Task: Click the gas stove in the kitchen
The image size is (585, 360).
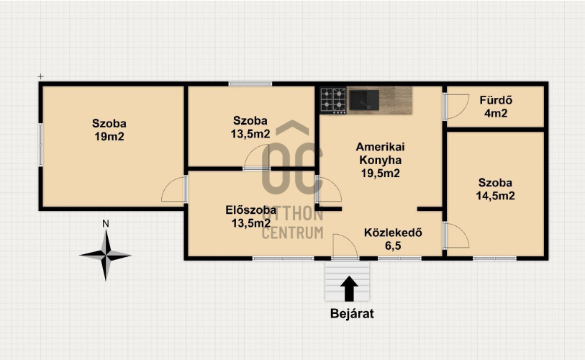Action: click(x=333, y=101)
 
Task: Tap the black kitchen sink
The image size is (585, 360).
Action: click(x=364, y=100)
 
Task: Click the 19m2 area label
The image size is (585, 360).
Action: click(x=109, y=137)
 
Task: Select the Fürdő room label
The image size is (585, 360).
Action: click(x=496, y=100)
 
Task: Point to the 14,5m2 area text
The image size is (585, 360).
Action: click(x=496, y=196)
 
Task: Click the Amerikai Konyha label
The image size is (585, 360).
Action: click(x=380, y=153)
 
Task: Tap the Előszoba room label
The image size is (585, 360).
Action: click(x=250, y=210)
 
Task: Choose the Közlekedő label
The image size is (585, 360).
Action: click(x=393, y=233)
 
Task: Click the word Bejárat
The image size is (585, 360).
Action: click(x=352, y=314)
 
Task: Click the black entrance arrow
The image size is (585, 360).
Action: click(x=349, y=289)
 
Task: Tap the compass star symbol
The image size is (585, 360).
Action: click(x=106, y=256)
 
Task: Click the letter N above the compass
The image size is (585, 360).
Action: click(x=106, y=224)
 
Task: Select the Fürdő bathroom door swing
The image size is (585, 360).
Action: click(x=456, y=107)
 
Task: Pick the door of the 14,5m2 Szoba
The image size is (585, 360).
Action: click(x=456, y=235)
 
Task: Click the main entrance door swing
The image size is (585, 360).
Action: click(x=345, y=246)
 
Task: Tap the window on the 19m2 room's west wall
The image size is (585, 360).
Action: click(x=41, y=145)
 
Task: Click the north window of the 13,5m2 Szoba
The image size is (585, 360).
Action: click(x=250, y=84)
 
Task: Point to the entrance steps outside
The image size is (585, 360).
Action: click(x=348, y=281)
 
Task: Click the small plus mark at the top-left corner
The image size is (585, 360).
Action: click(x=40, y=76)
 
